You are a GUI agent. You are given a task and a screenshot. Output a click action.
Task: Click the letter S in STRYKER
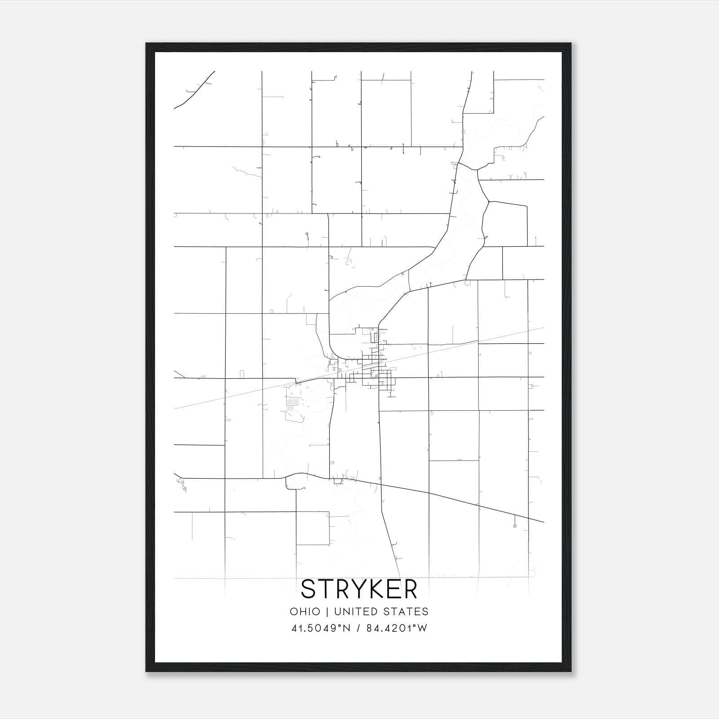[310, 589]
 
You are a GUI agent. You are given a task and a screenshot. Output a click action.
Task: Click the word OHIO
[305, 612]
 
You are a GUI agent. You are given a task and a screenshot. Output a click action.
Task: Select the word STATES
[407, 612]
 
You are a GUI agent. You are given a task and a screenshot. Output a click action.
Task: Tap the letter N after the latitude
[346, 628]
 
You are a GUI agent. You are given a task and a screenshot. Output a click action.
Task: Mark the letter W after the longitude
[422, 628]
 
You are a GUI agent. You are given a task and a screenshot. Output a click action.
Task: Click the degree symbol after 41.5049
[340, 626]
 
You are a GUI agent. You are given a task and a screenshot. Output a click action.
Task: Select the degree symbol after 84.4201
[415, 626]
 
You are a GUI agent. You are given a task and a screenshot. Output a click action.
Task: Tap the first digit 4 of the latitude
[294, 628]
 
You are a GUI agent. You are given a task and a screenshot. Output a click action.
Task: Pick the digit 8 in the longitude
[370, 628]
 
